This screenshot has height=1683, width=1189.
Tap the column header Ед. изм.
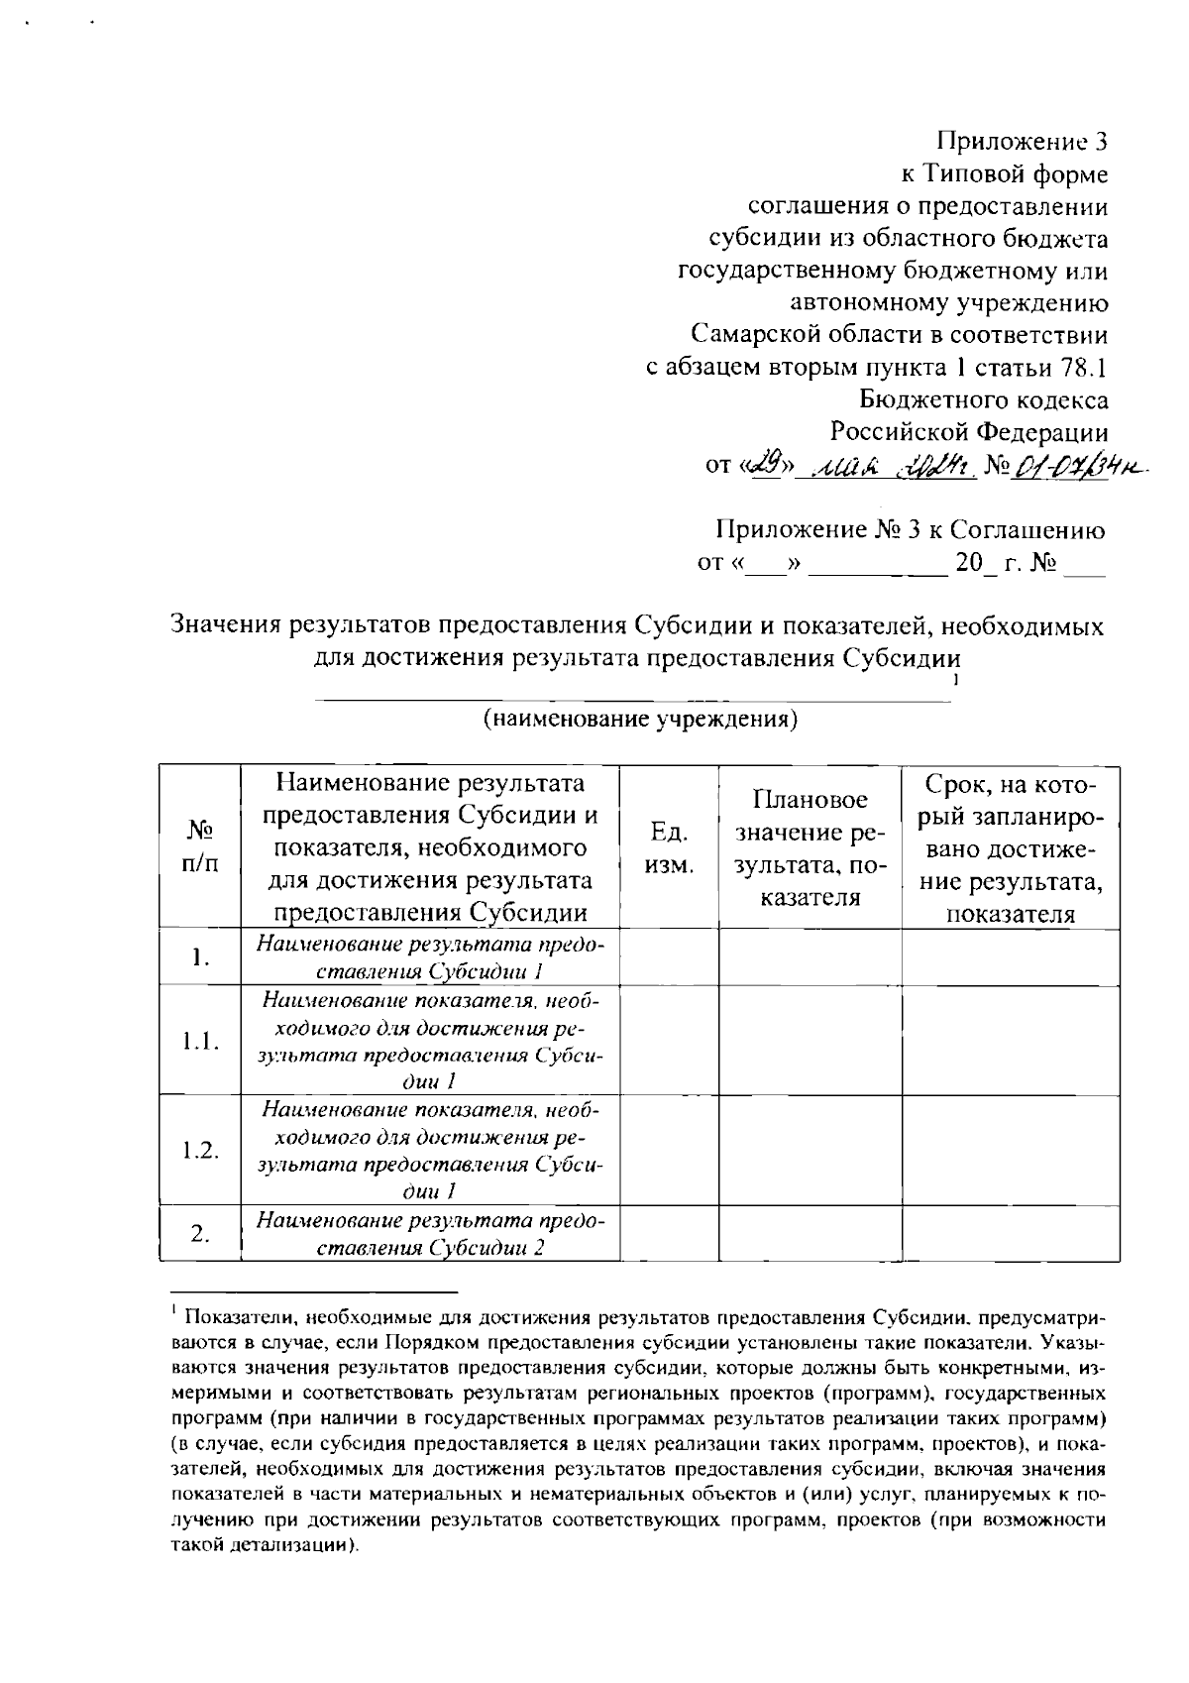click(669, 847)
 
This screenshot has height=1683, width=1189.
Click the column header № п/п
click(199, 847)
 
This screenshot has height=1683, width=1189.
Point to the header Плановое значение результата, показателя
click(810, 848)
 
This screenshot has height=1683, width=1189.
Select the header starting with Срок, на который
click(1010, 848)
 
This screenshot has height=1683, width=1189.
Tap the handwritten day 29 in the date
click(767, 464)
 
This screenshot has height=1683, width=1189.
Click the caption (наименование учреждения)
click(640, 719)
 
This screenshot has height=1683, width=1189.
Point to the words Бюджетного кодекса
click(984, 400)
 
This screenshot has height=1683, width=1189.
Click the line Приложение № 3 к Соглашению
click(910, 530)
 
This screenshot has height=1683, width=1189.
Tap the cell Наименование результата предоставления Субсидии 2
click(430, 1233)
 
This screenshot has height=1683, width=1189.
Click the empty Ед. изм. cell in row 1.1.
click(669, 1041)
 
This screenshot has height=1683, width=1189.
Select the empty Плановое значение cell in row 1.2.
click(810, 1150)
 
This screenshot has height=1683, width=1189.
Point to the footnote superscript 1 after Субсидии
click(955, 681)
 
